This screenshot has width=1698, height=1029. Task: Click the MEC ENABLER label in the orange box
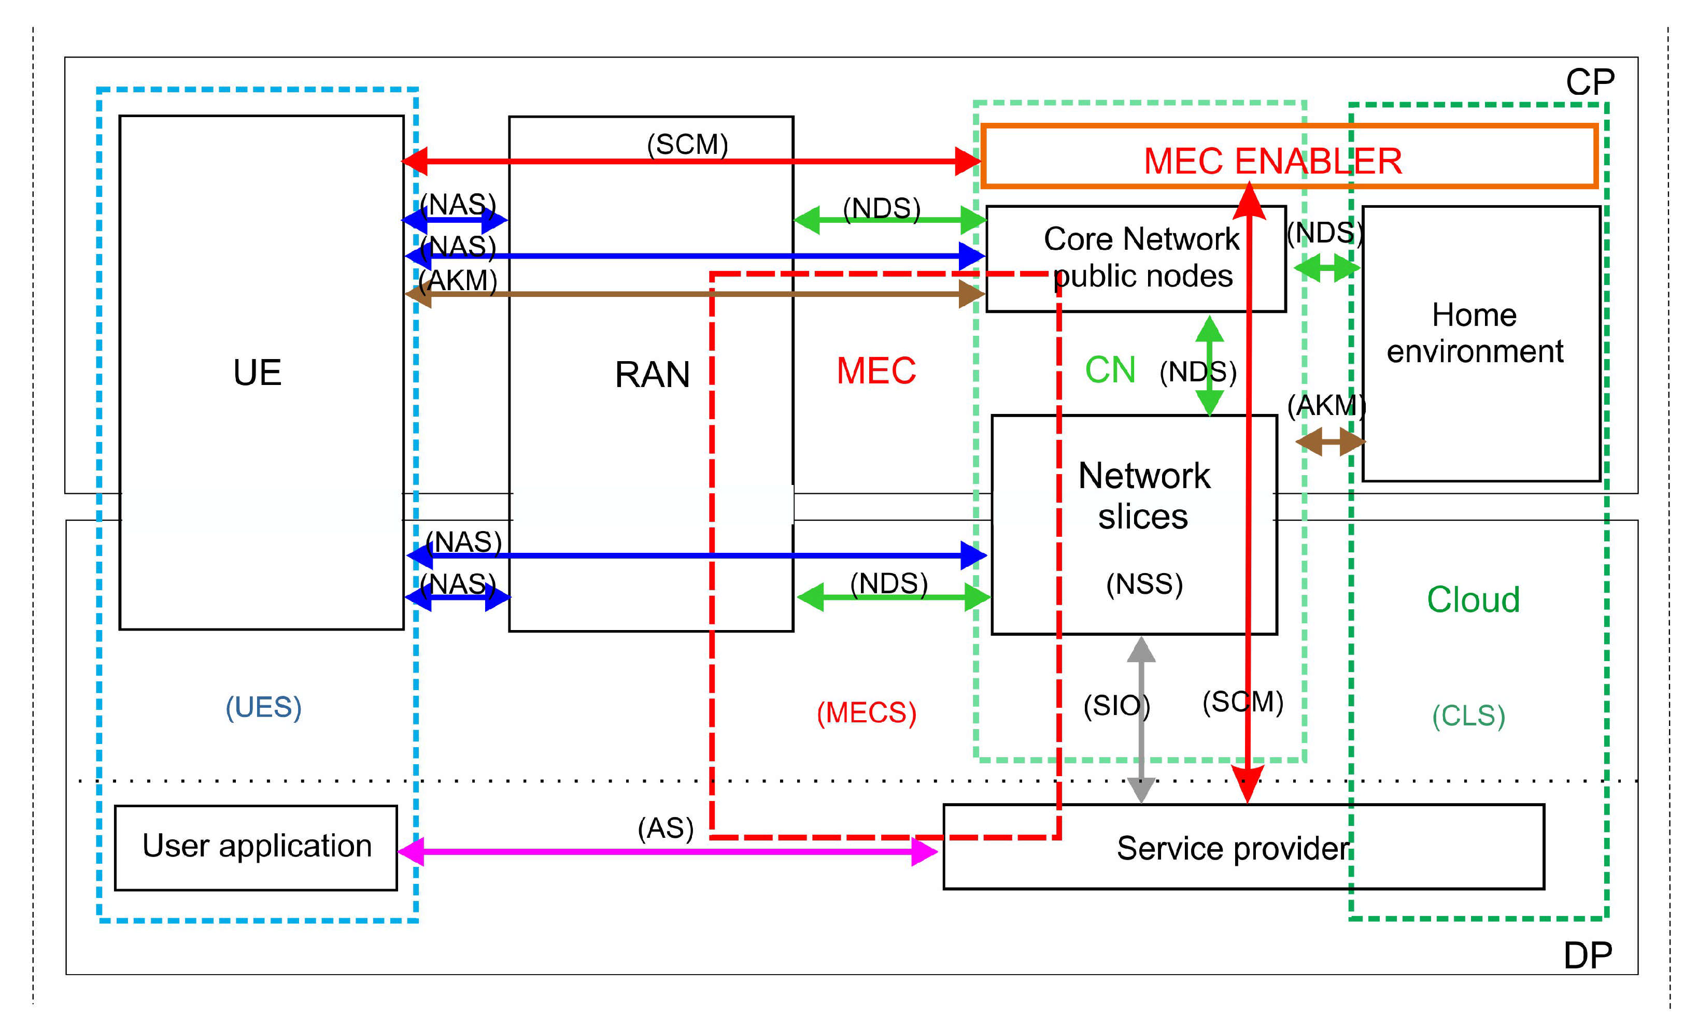pyautogui.click(x=1272, y=161)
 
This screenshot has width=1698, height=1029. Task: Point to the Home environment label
pyautogui.click(x=1474, y=333)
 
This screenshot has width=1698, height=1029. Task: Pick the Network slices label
pyautogui.click(x=1143, y=495)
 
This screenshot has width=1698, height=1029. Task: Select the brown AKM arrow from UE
pyautogui.click(x=689, y=294)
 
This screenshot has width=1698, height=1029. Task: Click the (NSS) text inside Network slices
pyautogui.click(x=1144, y=584)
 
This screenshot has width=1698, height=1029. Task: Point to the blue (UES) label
pyautogui.click(x=263, y=707)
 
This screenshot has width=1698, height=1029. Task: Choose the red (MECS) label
pyautogui.click(x=866, y=713)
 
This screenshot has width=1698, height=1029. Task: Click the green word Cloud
pyautogui.click(x=1473, y=599)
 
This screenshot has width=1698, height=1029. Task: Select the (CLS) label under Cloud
pyautogui.click(x=1468, y=716)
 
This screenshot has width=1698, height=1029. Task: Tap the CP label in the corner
pyautogui.click(x=1590, y=83)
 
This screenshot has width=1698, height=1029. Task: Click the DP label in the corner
pyautogui.click(x=1588, y=955)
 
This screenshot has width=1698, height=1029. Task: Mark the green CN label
pyautogui.click(x=1110, y=370)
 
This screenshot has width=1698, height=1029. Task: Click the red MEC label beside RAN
pyautogui.click(x=876, y=370)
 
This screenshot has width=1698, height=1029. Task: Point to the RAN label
pyautogui.click(x=652, y=375)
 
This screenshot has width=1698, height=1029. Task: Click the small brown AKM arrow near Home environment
pyautogui.click(x=1329, y=441)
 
